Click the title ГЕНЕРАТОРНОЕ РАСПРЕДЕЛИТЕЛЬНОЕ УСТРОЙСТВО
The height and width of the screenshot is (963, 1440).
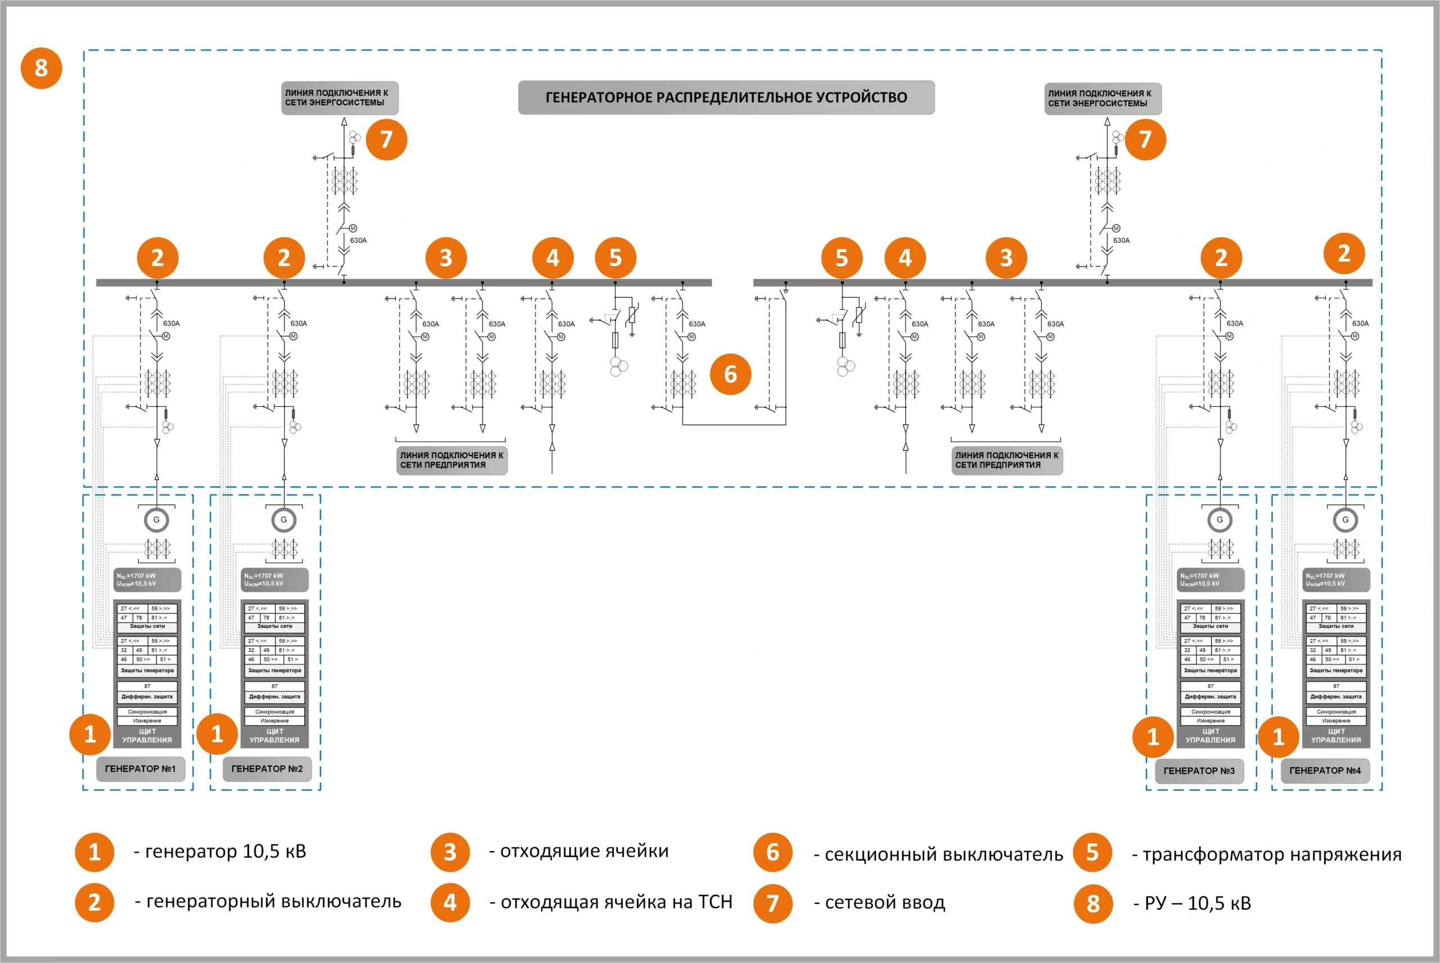(x=726, y=98)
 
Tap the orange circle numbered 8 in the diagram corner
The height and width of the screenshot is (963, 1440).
(x=41, y=67)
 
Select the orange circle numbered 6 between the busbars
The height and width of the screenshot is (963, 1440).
(x=730, y=374)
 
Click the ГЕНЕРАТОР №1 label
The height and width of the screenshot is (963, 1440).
(x=141, y=769)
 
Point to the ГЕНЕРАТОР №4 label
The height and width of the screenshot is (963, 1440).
(x=1325, y=771)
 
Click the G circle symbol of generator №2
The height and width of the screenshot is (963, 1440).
(x=283, y=520)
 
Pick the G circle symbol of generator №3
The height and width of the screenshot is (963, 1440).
(x=1219, y=520)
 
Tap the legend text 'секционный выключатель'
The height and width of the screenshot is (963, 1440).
(x=938, y=854)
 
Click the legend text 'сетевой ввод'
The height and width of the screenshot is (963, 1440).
(x=879, y=902)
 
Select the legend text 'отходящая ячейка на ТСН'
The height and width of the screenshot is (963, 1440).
(x=611, y=902)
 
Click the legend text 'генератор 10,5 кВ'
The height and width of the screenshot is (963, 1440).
(x=220, y=851)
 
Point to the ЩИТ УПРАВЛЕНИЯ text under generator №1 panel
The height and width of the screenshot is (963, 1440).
(x=147, y=736)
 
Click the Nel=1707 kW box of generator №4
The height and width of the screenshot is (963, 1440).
(x=1335, y=580)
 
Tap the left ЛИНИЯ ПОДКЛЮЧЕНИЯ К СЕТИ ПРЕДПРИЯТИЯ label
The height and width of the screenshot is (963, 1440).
(x=452, y=460)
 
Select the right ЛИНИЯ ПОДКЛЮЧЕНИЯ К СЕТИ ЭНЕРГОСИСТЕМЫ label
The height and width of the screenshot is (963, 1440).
(x=1102, y=98)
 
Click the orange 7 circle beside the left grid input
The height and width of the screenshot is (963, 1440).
(x=386, y=139)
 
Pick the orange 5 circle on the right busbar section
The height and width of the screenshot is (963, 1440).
(x=841, y=258)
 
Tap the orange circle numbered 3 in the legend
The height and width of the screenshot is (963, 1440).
(x=450, y=852)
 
